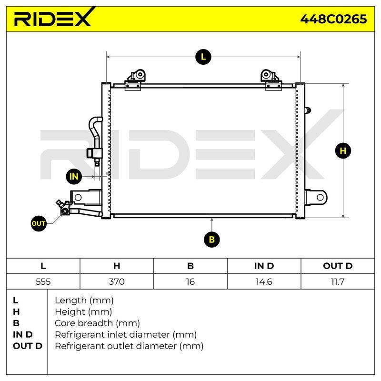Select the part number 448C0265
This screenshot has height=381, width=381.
click(333, 19)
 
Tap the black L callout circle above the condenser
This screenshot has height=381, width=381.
click(203, 57)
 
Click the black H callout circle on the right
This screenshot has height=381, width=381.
click(343, 151)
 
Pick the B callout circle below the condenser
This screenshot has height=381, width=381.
click(211, 240)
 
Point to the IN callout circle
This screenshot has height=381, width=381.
click(74, 177)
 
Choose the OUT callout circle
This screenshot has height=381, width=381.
click(39, 223)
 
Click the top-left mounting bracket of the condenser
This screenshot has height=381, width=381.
click(134, 80)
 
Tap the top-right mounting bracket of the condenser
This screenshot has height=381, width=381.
click(271, 80)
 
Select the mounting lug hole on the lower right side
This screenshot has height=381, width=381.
click(320, 197)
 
